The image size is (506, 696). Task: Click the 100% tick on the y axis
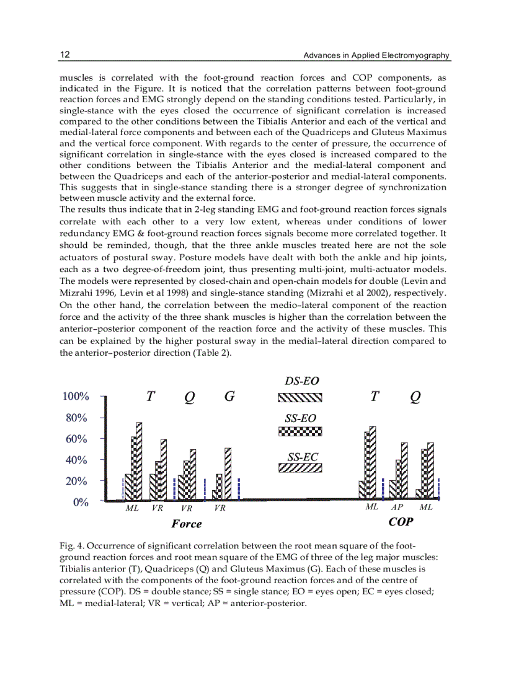click(x=76, y=397)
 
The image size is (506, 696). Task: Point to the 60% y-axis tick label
click(x=78, y=439)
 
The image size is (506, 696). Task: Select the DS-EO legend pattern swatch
click(x=300, y=399)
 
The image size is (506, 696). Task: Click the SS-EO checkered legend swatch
click(x=300, y=431)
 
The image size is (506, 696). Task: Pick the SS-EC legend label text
click(x=302, y=457)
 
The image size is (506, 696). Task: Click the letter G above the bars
click(x=229, y=397)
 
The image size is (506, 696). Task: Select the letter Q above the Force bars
click(x=189, y=399)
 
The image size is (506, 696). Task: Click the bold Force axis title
click(x=187, y=524)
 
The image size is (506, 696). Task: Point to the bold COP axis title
click(x=400, y=522)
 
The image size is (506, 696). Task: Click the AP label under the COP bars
click(x=397, y=507)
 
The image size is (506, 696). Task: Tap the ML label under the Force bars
click(x=132, y=508)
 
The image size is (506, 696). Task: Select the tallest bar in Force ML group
click(x=139, y=461)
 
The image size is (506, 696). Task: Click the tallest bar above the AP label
click(x=404, y=471)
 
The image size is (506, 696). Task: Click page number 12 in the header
click(x=64, y=55)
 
